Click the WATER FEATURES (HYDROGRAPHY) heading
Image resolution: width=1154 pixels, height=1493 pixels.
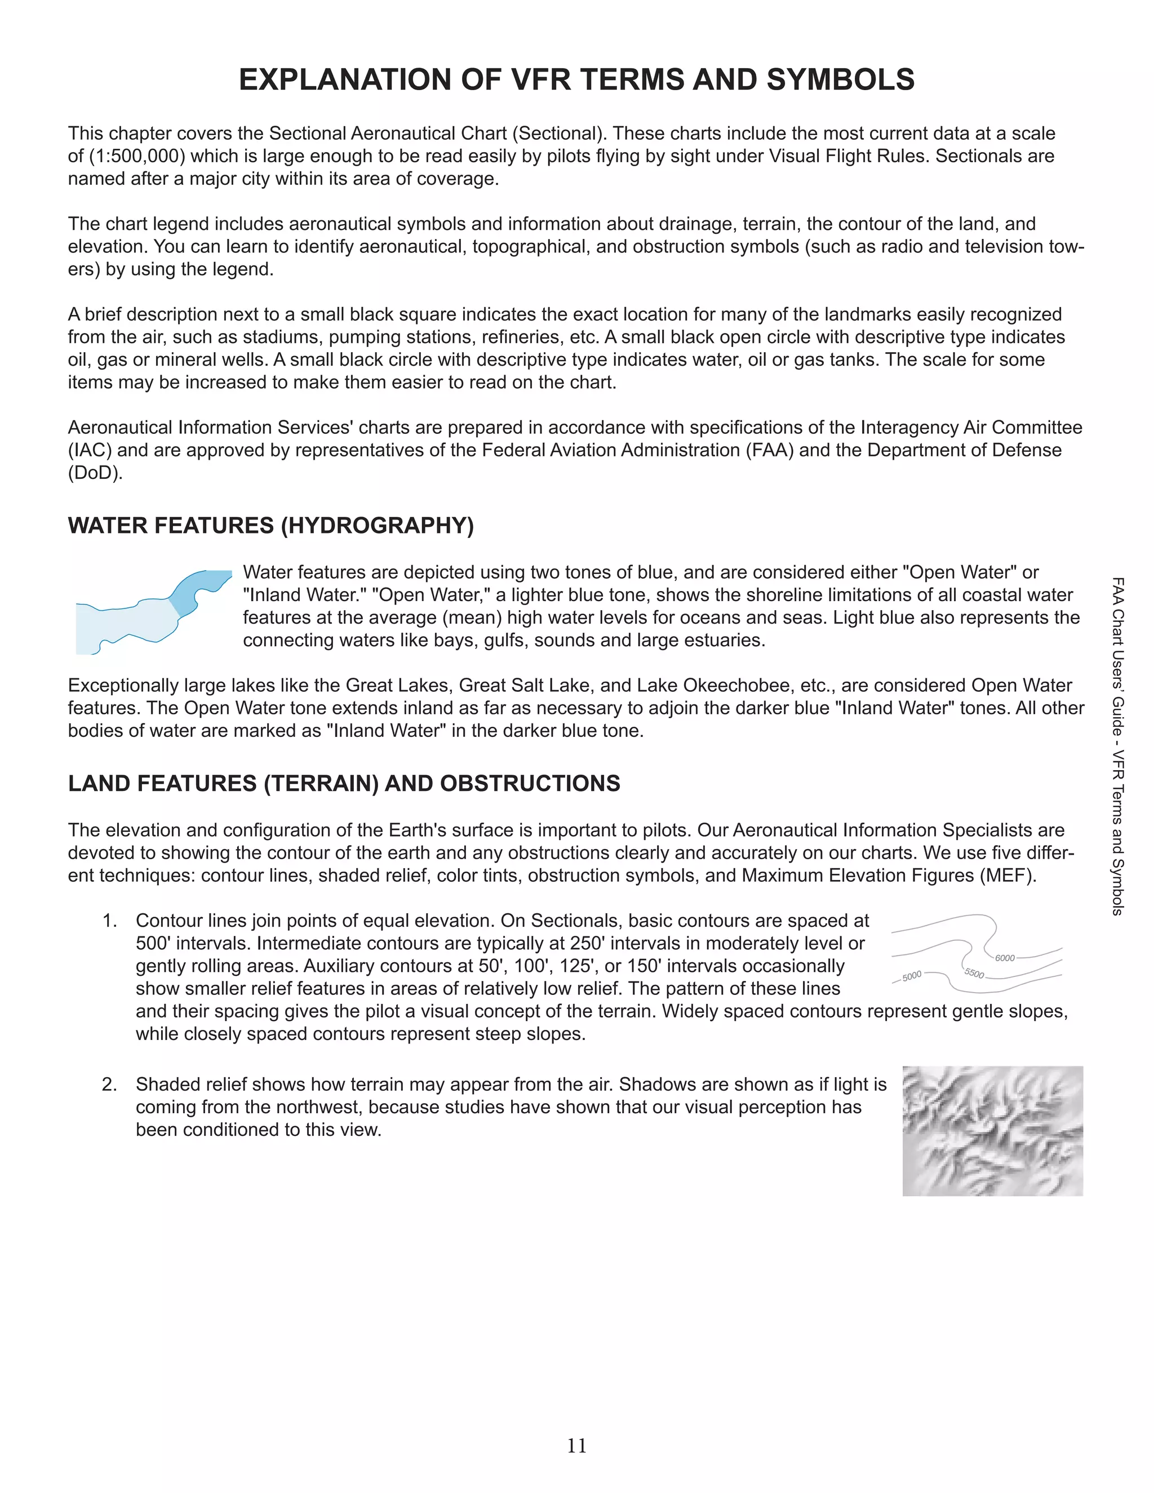tap(270, 526)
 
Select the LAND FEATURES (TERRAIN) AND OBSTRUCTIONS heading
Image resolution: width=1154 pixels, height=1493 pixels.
tap(344, 784)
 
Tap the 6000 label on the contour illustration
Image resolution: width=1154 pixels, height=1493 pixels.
tap(1004, 958)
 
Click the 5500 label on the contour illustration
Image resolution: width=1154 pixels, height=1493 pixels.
tap(974, 974)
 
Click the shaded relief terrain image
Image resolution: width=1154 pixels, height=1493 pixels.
tap(993, 1131)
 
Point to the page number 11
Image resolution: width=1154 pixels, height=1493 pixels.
tap(576, 1446)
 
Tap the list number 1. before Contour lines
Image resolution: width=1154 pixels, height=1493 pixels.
tap(110, 921)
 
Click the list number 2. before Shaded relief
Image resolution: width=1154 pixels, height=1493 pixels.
tap(109, 1085)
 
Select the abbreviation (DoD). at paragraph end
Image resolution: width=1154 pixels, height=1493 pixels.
tap(95, 473)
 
